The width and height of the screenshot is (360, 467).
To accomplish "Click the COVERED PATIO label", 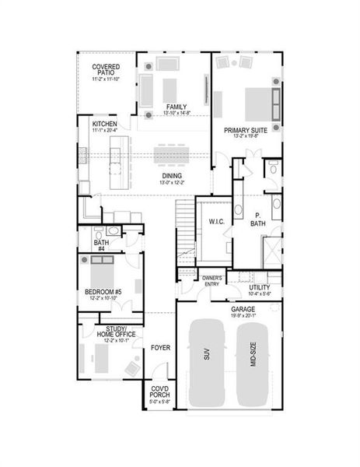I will (107, 70).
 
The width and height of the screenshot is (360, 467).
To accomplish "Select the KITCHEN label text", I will (105, 124).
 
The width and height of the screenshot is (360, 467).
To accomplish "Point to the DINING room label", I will (172, 176).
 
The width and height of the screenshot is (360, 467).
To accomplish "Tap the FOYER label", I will (160, 347).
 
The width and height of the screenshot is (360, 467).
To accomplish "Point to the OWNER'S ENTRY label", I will (212, 280).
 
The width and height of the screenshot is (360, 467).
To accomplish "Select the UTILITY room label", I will (260, 287).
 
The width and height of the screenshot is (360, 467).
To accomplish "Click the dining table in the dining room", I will (172, 155).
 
